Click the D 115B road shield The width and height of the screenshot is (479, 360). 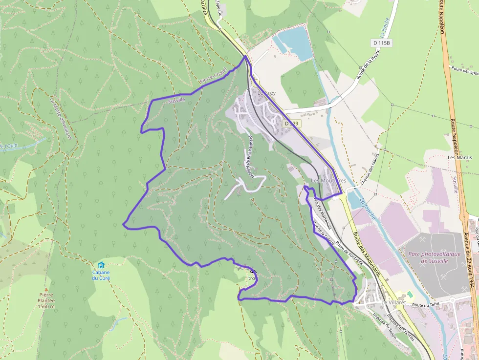pos(382,43)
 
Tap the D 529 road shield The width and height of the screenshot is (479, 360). pos(291,124)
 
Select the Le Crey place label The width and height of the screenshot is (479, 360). pos(266,93)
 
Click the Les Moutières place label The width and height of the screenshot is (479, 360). pos(328,181)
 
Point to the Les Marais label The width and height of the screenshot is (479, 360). pos(459,157)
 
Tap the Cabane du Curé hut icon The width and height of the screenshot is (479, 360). pos(101,264)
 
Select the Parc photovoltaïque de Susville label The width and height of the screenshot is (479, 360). pos(434,257)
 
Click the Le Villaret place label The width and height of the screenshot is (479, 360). pos(393,303)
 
